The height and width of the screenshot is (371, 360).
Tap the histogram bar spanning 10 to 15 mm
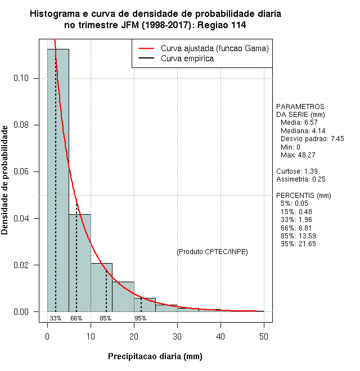click(101, 287)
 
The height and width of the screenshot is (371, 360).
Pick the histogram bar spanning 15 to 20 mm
click(123, 297)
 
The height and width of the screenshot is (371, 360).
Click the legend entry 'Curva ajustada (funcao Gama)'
click(214, 48)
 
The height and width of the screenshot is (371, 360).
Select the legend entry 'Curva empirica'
click(187, 58)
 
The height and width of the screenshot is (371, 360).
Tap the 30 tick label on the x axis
click(177, 336)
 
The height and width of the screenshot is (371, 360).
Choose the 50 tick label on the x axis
click(264, 336)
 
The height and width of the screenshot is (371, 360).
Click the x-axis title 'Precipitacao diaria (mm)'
click(155, 356)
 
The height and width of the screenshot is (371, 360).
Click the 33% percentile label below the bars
click(55, 318)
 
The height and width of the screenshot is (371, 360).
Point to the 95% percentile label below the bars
click(140, 318)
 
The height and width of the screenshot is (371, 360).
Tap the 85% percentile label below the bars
click(105, 318)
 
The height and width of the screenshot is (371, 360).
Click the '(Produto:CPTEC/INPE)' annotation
click(212, 251)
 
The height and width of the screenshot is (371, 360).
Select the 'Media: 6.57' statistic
click(299, 122)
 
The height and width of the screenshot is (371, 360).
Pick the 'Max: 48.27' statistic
click(298, 155)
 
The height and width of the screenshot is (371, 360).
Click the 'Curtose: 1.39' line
click(296, 171)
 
